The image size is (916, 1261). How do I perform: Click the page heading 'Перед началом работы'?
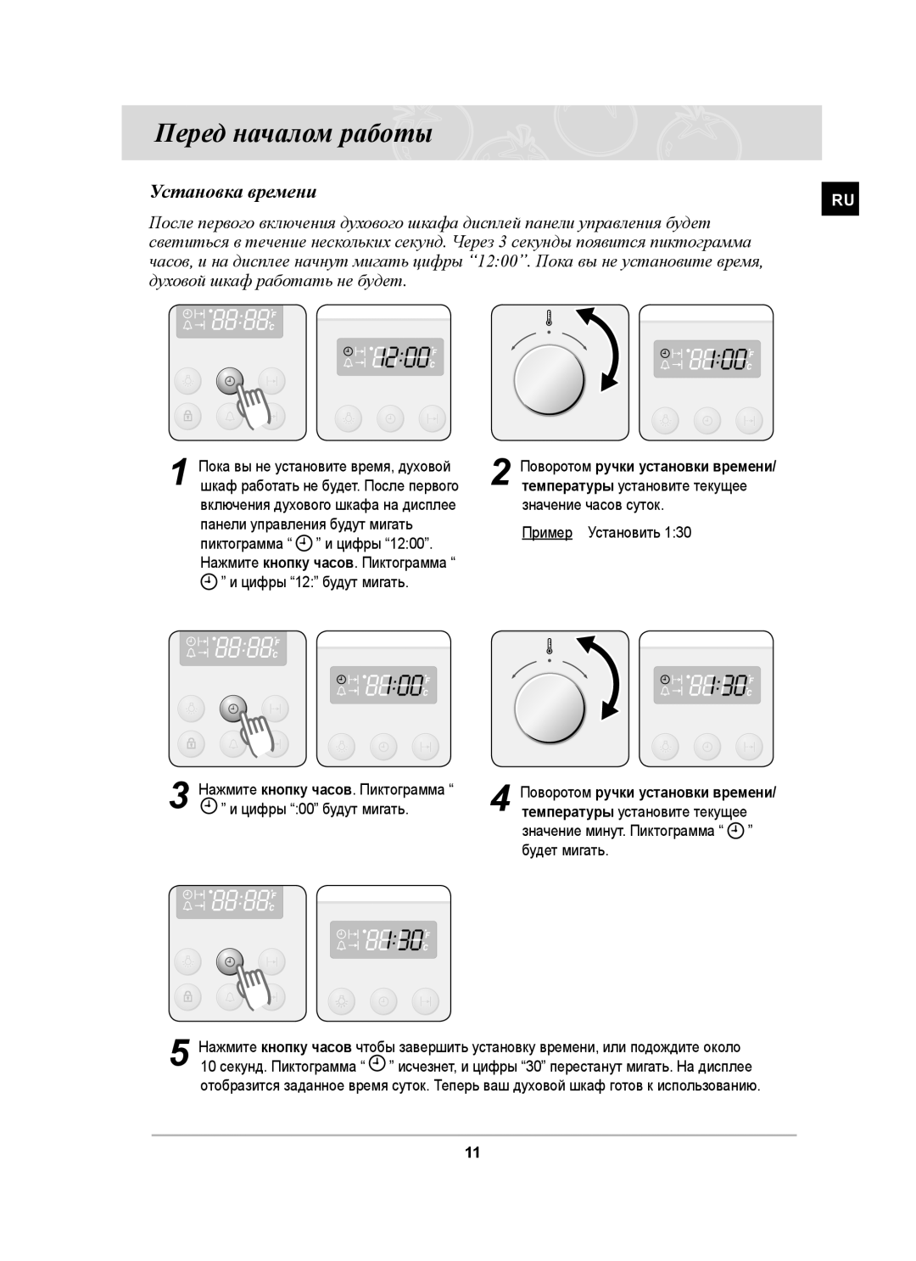click(293, 134)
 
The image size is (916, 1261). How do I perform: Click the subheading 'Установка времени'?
click(232, 193)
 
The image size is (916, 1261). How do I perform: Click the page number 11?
click(472, 1152)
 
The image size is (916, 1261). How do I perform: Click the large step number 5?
click(178, 1055)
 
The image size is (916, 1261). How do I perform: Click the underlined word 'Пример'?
click(547, 532)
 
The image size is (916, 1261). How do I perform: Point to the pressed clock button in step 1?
click(229, 382)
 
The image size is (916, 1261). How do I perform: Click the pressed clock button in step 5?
click(229, 961)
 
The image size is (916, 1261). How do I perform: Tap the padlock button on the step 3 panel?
click(191, 743)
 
